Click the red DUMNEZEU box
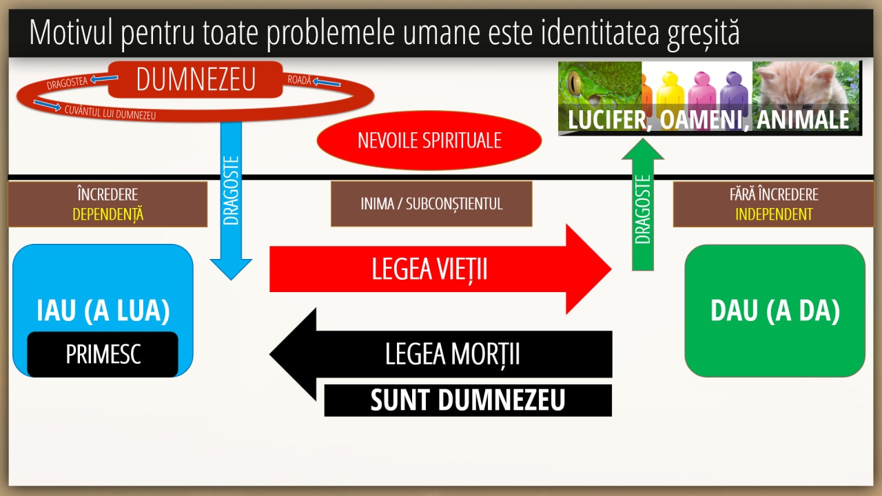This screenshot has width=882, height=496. pyautogui.click(x=195, y=79)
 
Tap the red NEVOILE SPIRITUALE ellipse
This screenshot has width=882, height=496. pyautogui.click(x=429, y=140)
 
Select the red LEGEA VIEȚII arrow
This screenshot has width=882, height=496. pyautogui.click(x=440, y=269)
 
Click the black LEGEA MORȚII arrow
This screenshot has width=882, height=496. pyautogui.click(x=440, y=354)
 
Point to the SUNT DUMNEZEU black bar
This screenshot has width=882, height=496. pyautogui.click(x=468, y=400)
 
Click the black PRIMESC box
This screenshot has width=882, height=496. pyautogui.click(x=103, y=354)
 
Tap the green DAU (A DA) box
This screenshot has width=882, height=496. pyautogui.click(x=775, y=311)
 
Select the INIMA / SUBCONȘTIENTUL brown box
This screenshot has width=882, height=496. pyautogui.click(x=431, y=204)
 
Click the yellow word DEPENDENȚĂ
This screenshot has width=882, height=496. pyautogui.click(x=108, y=214)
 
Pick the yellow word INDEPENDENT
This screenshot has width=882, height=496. pyautogui.click(x=774, y=214)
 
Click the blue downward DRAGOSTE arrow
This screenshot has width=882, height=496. pyautogui.click(x=231, y=200)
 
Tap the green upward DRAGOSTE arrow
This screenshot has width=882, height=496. pyautogui.click(x=643, y=205)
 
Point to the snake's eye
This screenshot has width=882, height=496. pyautogui.click(x=575, y=83)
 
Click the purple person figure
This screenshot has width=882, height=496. pyautogui.click(x=734, y=94)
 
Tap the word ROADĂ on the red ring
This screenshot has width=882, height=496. pyautogui.click(x=299, y=80)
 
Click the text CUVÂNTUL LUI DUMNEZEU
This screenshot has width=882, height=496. pyautogui.click(x=110, y=112)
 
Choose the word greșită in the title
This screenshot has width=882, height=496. pyautogui.click(x=704, y=33)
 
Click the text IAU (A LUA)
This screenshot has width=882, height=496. pyautogui.click(x=103, y=311)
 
